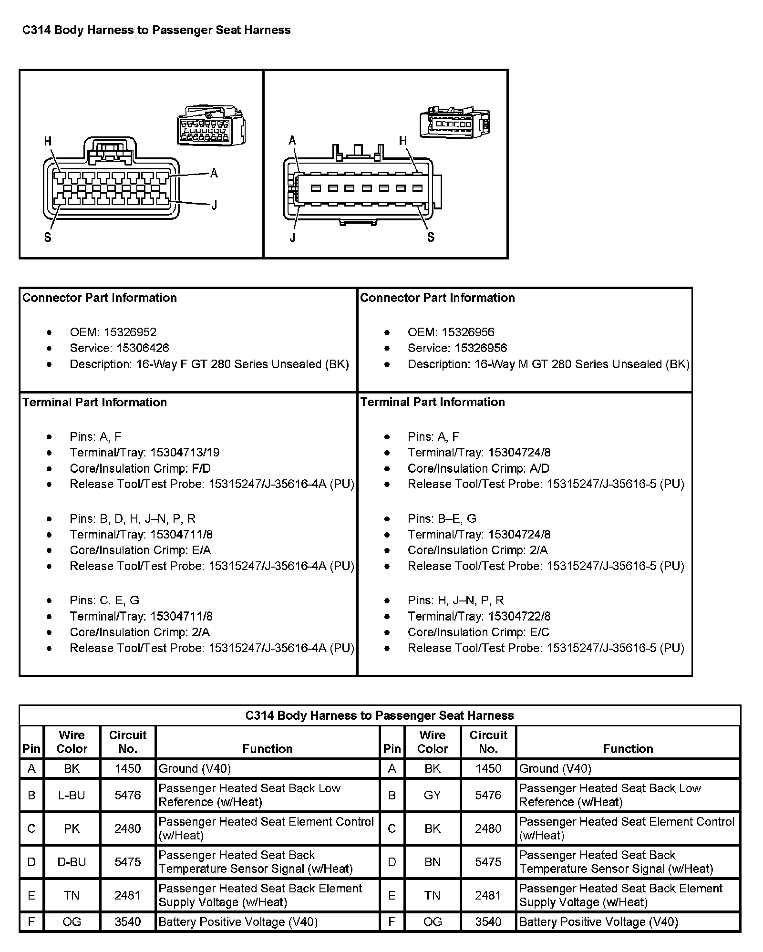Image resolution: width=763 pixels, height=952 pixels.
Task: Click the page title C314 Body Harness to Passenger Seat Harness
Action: click(x=156, y=30)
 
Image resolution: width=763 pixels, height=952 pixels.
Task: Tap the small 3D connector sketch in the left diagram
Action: click(x=211, y=125)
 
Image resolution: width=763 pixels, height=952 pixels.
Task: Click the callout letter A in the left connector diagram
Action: click(x=214, y=173)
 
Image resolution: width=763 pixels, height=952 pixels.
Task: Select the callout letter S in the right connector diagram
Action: click(x=431, y=237)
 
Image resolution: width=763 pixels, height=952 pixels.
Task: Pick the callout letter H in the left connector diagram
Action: click(x=48, y=141)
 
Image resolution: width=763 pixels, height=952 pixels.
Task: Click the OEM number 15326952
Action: click(x=130, y=332)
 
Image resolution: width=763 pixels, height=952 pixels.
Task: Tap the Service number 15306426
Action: click(x=143, y=348)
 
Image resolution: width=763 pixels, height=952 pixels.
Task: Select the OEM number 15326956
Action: click(x=468, y=332)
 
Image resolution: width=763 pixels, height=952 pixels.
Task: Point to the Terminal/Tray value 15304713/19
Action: click(x=185, y=453)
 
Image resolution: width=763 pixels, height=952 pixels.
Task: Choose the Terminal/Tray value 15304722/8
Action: click(x=519, y=616)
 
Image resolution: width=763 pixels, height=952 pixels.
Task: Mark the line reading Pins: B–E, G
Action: click(x=442, y=519)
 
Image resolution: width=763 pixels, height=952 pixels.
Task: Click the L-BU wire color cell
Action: click(x=72, y=795)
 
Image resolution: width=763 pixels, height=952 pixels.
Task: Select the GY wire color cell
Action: click(x=432, y=795)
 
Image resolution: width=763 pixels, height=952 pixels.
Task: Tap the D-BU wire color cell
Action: click(x=72, y=862)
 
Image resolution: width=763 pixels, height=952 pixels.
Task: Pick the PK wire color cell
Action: click(x=72, y=828)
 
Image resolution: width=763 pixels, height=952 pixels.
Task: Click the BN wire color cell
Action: click(x=432, y=862)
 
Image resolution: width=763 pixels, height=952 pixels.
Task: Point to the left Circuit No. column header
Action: click(x=128, y=742)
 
